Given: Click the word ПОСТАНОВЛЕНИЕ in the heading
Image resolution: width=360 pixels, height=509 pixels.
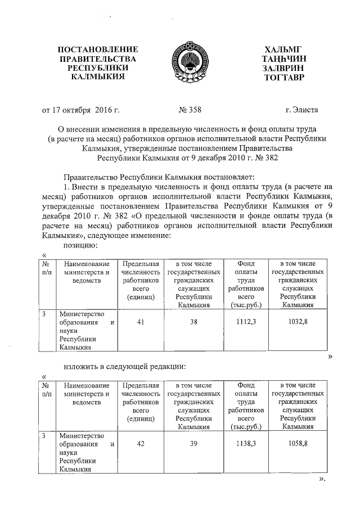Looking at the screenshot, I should tap(98, 50).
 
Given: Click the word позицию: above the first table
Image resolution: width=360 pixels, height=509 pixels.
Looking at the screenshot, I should tap(80, 245).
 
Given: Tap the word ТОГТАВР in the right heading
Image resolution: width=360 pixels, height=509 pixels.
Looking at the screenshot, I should tap(283, 77).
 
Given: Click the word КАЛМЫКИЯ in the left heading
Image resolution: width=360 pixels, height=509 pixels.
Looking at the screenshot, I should tap(98, 77).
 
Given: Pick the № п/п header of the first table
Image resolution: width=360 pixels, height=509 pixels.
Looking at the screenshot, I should tap(47, 269).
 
